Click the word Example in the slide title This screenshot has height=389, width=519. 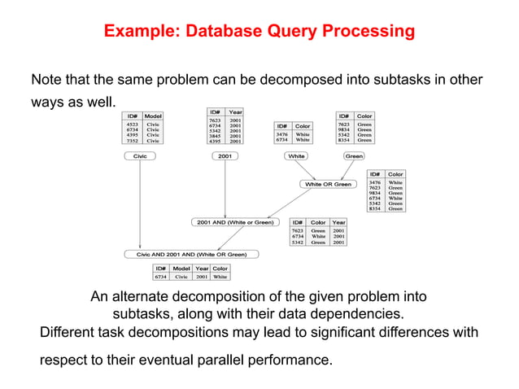[139, 33]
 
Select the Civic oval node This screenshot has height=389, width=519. [140, 155]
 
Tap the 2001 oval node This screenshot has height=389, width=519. [225, 155]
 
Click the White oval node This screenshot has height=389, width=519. [296, 155]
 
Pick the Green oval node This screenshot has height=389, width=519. [354, 155]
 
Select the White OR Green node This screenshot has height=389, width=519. [328, 184]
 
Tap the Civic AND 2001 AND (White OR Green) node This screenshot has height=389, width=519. [191, 254]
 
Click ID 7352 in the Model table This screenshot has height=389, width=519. [132, 141]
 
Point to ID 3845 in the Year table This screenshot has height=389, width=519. [216, 135]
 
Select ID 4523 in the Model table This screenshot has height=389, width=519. [132, 125]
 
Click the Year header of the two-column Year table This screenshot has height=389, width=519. [235, 111]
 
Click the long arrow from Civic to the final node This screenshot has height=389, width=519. [140, 203]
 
